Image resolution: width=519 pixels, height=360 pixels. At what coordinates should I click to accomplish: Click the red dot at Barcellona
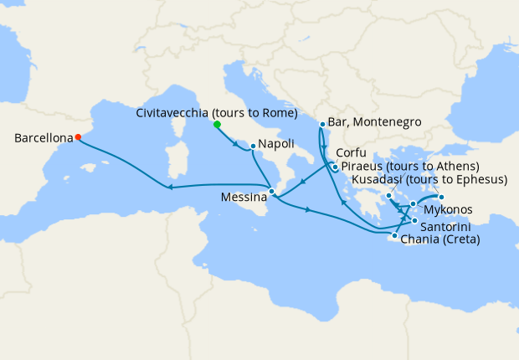coord(78,137)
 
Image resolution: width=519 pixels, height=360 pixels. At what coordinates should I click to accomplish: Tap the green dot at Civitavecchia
coord(217,124)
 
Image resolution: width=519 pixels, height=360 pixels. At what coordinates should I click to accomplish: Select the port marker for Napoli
coord(253,147)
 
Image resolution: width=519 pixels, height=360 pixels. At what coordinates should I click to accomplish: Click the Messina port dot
coord(271,192)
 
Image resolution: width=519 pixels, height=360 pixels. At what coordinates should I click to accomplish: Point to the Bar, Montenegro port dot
coord(322,125)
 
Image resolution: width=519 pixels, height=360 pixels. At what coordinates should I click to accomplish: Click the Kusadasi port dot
coord(441,198)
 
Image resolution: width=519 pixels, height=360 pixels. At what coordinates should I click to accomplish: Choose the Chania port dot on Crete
coord(394,236)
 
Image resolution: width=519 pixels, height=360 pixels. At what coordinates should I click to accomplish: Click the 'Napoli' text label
coord(275,144)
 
